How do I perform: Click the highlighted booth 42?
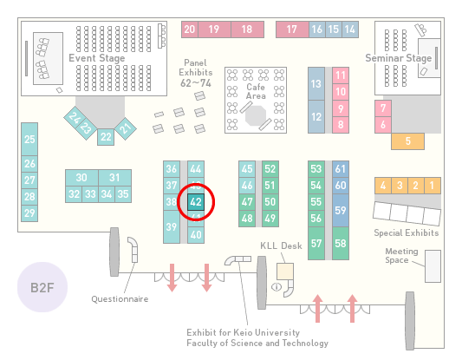(x=196, y=202)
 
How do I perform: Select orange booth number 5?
(x=407, y=141)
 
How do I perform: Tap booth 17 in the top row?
(x=292, y=29)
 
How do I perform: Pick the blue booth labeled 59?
(x=341, y=210)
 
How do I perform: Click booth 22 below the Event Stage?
(x=106, y=137)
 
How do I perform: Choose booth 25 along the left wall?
(x=29, y=139)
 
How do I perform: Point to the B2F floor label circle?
(x=42, y=287)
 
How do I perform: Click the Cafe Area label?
(x=256, y=91)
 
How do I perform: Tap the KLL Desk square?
(x=285, y=272)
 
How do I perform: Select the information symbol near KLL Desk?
(x=277, y=286)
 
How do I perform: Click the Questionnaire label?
(x=120, y=299)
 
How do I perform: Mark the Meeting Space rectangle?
(x=433, y=266)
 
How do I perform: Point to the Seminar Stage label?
(x=399, y=58)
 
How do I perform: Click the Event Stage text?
(x=96, y=58)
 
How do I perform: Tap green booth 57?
(x=316, y=244)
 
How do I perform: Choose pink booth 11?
(x=341, y=75)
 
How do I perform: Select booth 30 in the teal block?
(x=81, y=178)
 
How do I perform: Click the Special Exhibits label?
(x=407, y=233)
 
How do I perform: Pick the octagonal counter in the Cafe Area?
(x=256, y=116)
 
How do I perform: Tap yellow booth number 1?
(x=433, y=186)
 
